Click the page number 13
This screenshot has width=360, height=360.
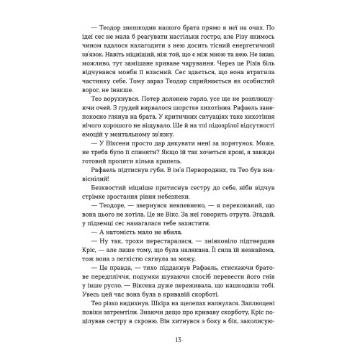coord(180,340)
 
